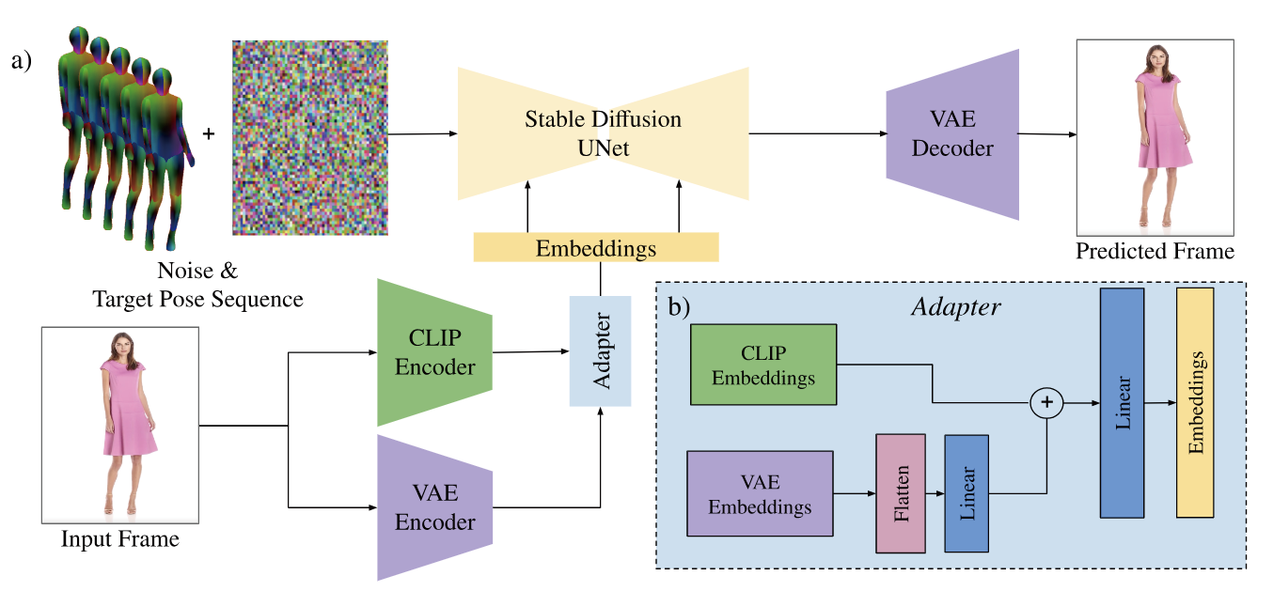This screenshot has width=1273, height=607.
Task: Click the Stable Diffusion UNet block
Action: pyautogui.click(x=603, y=132)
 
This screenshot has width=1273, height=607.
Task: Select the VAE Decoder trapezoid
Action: pyautogui.click(x=952, y=135)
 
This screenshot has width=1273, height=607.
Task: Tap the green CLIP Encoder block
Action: pyautogui.click(x=434, y=352)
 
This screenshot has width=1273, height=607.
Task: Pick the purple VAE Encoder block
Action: pyautogui.click(x=434, y=507)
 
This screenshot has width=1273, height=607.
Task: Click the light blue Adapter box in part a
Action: pyautogui.click(x=600, y=351)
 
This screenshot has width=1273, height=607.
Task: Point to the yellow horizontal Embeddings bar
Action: pyautogui.click(x=595, y=248)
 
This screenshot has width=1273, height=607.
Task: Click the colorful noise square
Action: pyautogui.click(x=310, y=137)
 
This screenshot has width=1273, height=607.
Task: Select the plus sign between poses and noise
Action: pyautogui.click(x=208, y=134)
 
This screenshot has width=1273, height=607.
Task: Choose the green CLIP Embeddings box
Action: pyautogui.click(x=763, y=365)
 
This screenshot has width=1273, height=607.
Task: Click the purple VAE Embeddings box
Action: pyautogui.click(x=760, y=493)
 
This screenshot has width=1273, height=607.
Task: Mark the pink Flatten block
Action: pyautogui.click(x=900, y=493)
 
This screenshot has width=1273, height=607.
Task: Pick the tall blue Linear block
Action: pyautogui.click(x=1122, y=403)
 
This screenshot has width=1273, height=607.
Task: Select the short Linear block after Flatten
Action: pyautogui.click(x=967, y=493)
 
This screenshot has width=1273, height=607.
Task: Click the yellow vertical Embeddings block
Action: pyautogui.click(x=1195, y=403)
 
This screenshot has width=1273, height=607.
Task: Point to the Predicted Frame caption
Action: pyautogui.click(x=1155, y=251)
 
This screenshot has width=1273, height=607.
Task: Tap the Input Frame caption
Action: pyautogui.click(x=119, y=539)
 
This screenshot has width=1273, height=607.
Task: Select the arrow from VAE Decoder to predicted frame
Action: pyautogui.click(x=1046, y=134)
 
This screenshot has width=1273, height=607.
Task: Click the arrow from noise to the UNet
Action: pyautogui.click(x=422, y=134)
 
